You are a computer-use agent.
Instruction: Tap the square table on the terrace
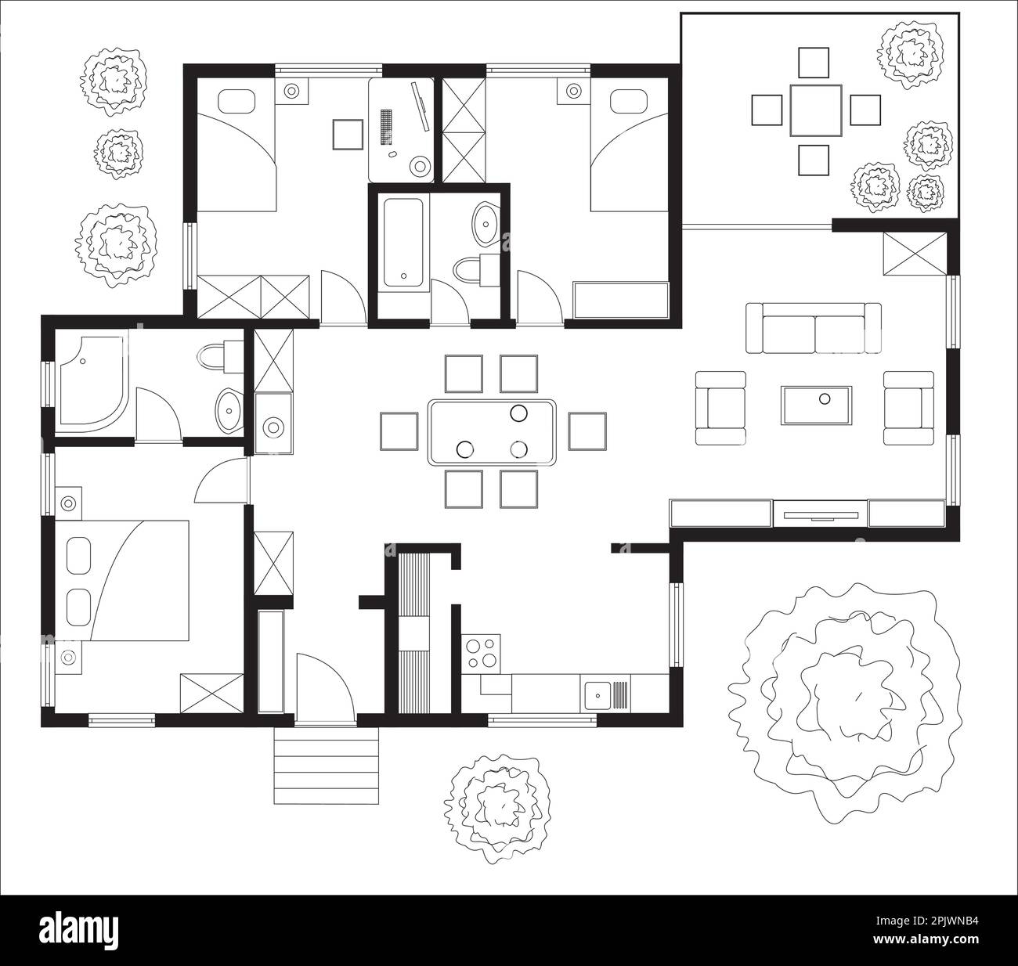pos(814,110)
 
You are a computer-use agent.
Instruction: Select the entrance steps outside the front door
pos(326,765)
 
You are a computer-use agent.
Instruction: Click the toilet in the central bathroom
pos(470,270)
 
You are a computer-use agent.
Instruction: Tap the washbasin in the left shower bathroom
pos(228,407)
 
